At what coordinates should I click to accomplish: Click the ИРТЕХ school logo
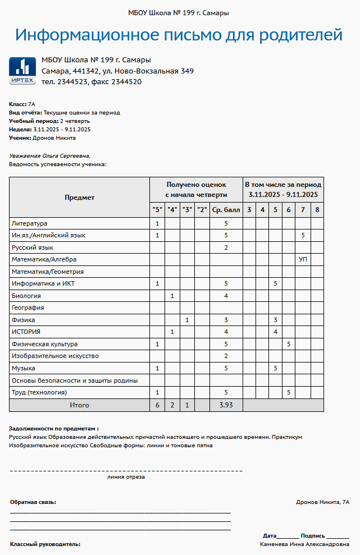click(22, 71)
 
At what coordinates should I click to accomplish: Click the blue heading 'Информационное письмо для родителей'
click(179, 35)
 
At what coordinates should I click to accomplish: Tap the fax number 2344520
click(126, 82)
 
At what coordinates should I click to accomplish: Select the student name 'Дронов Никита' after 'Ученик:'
click(54, 137)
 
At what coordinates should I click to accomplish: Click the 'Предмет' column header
click(79, 198)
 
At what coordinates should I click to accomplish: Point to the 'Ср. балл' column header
click(226, 210)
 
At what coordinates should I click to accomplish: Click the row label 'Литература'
click(30, 223)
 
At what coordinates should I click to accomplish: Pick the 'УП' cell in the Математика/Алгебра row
click(303, 260)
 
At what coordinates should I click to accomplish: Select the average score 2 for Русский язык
click(226, 247)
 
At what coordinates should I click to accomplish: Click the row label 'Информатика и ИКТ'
click(43, 284)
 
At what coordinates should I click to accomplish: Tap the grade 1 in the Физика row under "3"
click(187, 320)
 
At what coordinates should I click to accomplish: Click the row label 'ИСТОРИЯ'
click(26, 332)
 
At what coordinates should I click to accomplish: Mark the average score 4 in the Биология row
click(226, 296)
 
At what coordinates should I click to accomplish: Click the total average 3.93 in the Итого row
click(226, 405)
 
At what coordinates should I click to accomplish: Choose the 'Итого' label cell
click(79, 405)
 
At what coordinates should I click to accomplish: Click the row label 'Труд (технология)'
click(39, 392)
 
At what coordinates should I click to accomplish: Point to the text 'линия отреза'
click(126, 477)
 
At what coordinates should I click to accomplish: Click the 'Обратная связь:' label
click(33, 502)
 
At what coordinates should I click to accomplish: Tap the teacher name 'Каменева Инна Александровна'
click(304, 544)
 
